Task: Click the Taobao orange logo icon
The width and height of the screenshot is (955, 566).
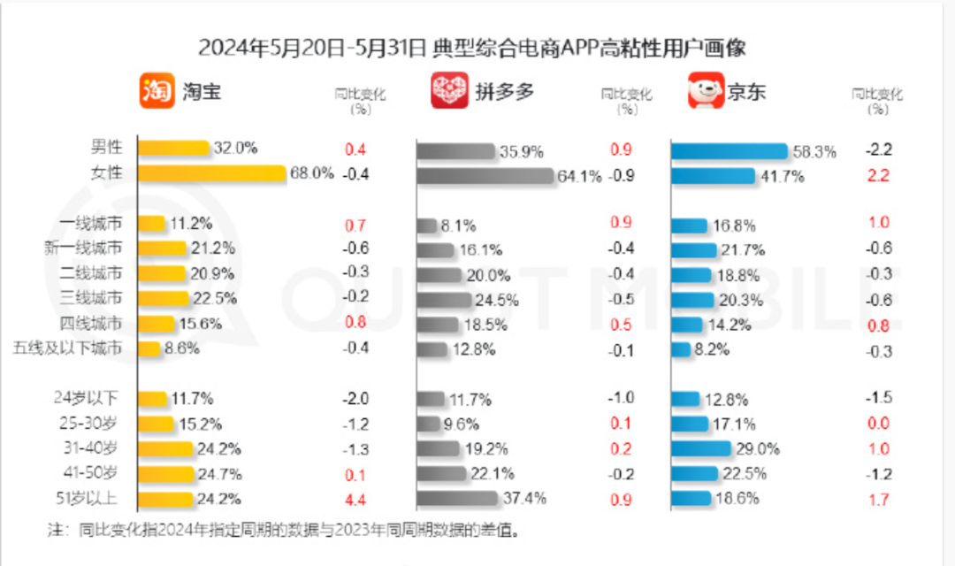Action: tap(157, 91)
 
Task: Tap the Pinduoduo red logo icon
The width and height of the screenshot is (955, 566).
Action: tap(449, 91)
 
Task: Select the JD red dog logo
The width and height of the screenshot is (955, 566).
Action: tap(706, 91)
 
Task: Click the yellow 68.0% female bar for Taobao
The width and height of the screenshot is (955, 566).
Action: tap(213, 174)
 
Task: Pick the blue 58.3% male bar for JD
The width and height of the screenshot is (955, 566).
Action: tap(729, 151)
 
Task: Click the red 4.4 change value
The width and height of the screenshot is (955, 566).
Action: tap(355, 500)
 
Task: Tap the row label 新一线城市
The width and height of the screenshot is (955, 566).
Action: tap(83, 248)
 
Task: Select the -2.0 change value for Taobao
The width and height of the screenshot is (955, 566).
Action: tap(355, 398)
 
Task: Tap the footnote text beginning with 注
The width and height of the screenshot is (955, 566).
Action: tap(283, 532)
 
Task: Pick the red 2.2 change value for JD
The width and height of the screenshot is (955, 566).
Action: tap(878, 176)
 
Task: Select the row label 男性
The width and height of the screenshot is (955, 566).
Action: tap(106, 147)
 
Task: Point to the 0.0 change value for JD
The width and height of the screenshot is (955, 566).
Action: tap(878, 424)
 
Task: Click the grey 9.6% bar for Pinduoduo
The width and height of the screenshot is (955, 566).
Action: tap(428, 423)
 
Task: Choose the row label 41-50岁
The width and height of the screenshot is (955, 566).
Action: tap(88, 474)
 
